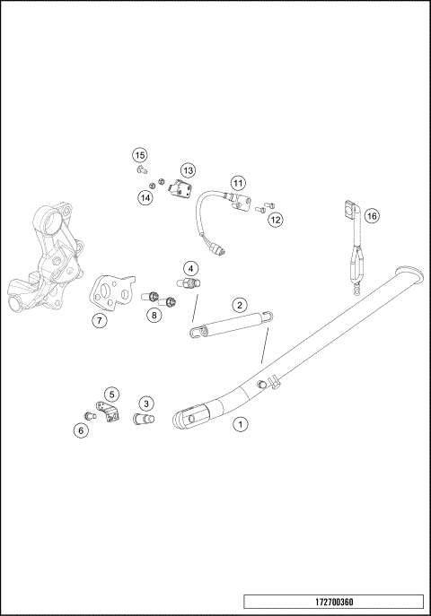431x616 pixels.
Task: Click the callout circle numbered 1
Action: coord(239,423)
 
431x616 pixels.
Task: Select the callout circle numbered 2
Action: coord(240,305)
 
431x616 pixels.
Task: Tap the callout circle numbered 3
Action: coord(146,403)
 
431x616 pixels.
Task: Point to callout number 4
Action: coord(190,268)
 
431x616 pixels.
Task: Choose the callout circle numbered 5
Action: coord(111,394)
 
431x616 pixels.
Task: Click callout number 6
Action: coord(82,429)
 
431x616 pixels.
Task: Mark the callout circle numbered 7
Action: coord(100,319)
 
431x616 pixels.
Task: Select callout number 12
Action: coord(275,219)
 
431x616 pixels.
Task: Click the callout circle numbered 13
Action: coord(188,169)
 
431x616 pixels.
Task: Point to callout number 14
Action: coord(145,197)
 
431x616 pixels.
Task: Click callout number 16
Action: coord(372,216)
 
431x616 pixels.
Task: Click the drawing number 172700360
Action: coord(332,603)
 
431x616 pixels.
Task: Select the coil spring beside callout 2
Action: coord(229,324)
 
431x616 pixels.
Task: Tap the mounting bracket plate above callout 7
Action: coord(110,290)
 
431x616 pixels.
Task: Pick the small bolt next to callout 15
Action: coord(142,169)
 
